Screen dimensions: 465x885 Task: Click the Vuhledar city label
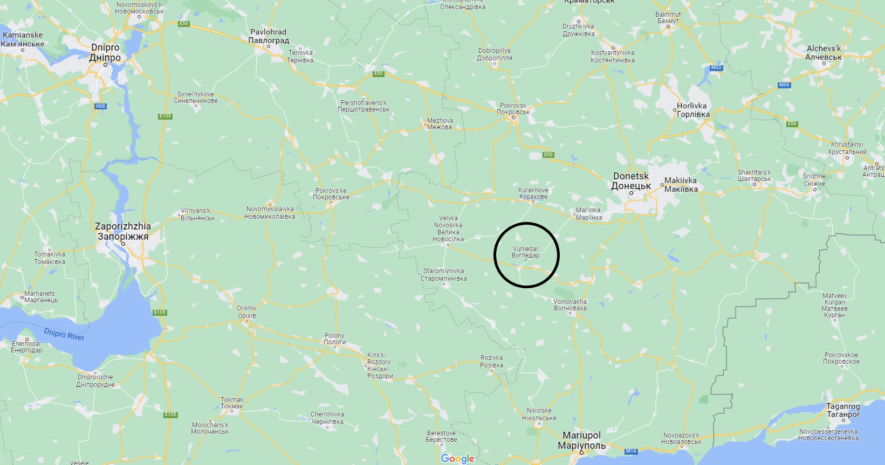(525, 252)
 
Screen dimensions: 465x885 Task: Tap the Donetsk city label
(631, 181)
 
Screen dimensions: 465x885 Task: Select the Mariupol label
(581, 440)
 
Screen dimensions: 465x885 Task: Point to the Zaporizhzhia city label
(123, 231)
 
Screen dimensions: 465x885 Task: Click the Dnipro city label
(105, 52)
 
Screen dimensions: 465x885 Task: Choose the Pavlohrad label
(269, 36)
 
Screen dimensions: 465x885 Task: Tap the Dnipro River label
(64, 334)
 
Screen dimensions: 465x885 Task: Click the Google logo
(457, 459)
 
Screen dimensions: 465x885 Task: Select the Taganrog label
(843, 410)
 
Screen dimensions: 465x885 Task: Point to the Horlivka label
(692, 110)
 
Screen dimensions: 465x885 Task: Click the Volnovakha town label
(570, 305)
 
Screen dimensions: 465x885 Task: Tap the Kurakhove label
(533, 193)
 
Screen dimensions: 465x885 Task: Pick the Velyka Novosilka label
(448, 229)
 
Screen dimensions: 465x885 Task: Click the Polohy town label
(334, 338)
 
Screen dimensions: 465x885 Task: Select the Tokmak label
(232, 403)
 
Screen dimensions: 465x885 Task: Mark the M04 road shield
(784, 85)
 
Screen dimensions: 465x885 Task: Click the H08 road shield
(100, 106)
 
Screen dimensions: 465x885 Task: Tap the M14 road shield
(631, 451)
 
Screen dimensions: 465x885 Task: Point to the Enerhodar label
(26, 346)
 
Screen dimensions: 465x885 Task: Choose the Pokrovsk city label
(513, 109)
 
